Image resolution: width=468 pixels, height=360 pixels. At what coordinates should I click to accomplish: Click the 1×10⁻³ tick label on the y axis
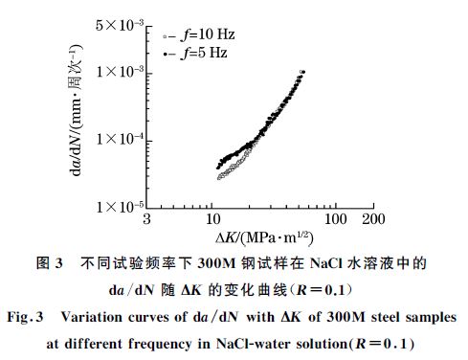click(117, 72)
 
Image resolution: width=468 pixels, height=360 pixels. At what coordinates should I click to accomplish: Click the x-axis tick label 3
click(146, 219)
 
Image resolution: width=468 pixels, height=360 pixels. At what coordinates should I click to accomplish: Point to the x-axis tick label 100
click(336, 219)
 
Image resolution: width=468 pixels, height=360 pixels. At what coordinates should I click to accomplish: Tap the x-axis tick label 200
click(374, 219)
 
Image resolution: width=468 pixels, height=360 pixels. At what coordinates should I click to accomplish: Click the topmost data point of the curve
click(303, 72)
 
